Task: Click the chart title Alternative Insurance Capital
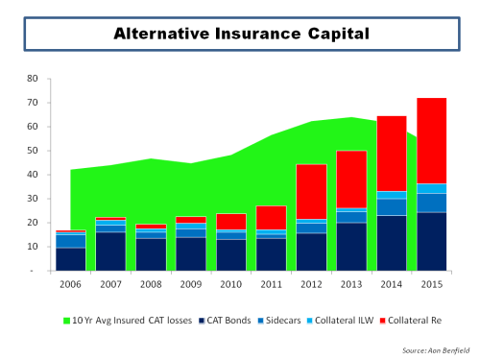pos(239,34)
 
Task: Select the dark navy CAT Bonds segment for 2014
pos(391,243)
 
